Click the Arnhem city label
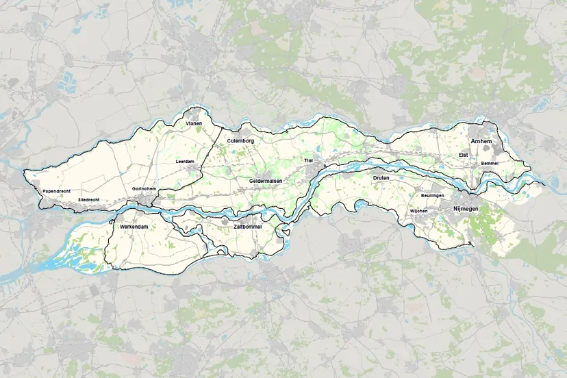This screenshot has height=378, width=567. point(481,141)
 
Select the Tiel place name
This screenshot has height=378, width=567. point(307,160)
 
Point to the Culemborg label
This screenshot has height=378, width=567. point(240,140)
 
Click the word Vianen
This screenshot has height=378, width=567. point(195,124)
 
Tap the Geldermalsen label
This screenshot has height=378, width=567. point(266,180)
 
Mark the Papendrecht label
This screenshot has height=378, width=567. point(57,191)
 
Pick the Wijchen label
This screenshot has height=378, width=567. point(418,211)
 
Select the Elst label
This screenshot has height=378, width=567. point(463,156)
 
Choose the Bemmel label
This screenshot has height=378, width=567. point(490,164)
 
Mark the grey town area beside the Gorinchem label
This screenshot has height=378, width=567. point(144,199)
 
